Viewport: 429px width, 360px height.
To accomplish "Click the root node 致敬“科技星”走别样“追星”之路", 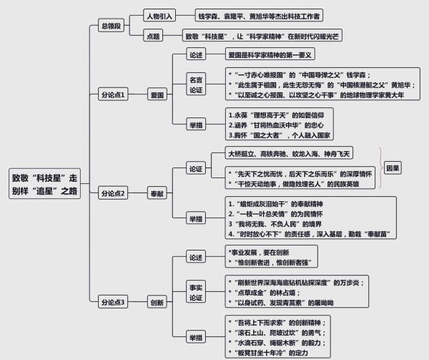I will [x=46, y=185].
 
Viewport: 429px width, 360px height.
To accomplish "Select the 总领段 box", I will [x=114, y=26].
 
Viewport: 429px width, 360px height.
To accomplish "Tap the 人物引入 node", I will [x=164, y=14].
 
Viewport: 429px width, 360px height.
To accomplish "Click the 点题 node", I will [x=153, y=35].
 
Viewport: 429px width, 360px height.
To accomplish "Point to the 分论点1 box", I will [x=113, y=94].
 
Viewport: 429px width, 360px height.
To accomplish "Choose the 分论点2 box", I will [x=113, y=193].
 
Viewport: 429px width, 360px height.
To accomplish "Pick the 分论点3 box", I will [x=113, y=302].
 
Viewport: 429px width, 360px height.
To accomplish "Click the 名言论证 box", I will [x=195, y=84].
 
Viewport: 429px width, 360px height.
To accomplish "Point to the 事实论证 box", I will [x=195, y=292].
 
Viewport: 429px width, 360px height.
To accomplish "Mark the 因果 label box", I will [x=393, y=169].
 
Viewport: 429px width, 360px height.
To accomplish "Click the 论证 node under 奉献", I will [x=195, y=170].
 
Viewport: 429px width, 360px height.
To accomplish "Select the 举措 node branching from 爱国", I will [x=195, y=125].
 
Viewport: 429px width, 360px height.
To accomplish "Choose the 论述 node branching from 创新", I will [x=195, y=257].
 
